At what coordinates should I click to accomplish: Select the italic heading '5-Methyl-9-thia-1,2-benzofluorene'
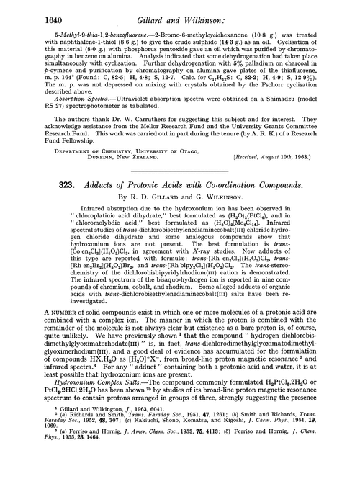pos(82,33)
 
